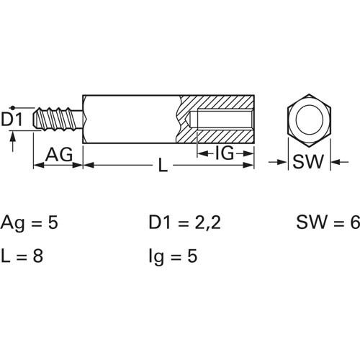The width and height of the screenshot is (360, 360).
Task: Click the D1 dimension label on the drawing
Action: pyautogui.click(x=12, y=120)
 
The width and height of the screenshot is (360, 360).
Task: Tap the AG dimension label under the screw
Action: pyautogui.click(x=59, y=154)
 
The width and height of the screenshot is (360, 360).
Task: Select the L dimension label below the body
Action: pyautogui.click(x=163, y=165)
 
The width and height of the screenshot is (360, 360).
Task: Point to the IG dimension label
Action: pyautogui.click(x=225, y=153)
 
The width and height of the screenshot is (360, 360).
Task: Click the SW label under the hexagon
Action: pyautogui.click(x=308, y=161)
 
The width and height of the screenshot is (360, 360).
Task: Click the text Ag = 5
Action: pyautogui.click(x=30, y=223)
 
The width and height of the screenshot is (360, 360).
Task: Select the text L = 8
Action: pyautogui.click(x=22, y=256)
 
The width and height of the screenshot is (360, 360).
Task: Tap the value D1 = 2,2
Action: pyautogui.click(x=185, y=222)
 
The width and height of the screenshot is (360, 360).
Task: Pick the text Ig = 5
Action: pyautogui.click(x=173, y=256)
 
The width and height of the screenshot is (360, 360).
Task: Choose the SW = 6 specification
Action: pyautogui.click(x=328, y=222)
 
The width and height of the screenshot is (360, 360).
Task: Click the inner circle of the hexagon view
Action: pyautogui.click(x=309, y=120)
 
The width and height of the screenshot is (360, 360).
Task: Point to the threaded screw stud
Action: pyautogui.click(x=58, y=120)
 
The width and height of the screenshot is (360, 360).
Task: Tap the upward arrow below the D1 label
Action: pyautogui.click(x=13, y=142)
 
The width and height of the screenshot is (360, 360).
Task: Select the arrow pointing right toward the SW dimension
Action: pyautogui.click(x=278, y=162)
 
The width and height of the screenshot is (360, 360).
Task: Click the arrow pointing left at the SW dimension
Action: pyautogui.click(x=340, y=162)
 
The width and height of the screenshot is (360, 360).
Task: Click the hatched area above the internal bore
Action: pyautogui.click(x=217, y=103)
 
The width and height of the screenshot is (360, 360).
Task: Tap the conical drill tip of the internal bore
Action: pyautogui.click(x=191, y=120)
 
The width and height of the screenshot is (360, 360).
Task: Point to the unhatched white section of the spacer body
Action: pyautogui.click(x=131, y=120)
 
